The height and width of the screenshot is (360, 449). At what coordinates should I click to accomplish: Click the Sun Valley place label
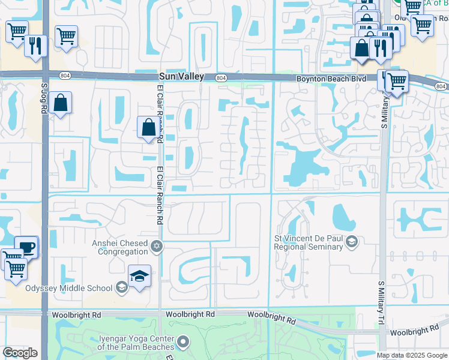click(x=182, y=77)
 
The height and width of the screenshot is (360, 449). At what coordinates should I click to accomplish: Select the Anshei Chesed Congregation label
click(x=119, y=247)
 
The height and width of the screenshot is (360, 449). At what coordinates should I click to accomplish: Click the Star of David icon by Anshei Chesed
click(x=157, y=245)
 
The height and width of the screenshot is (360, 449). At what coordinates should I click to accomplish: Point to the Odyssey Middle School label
click(x=68, y=287)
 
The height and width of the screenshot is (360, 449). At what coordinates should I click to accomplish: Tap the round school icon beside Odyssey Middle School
click(x=122, y=287)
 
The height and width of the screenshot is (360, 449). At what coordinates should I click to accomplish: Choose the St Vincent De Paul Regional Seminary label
click(x=310, y=242)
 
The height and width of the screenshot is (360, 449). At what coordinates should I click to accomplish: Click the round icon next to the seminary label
click(x=352, y=242)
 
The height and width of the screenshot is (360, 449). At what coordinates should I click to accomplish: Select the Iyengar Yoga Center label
click(x=136, y=343)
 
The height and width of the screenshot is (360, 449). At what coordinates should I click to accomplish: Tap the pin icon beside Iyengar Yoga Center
click(x=183, y=343)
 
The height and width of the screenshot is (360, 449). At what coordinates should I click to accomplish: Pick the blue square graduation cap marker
click(x=139, y=276)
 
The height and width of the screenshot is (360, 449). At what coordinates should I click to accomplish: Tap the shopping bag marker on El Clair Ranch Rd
click(x=148, y=127)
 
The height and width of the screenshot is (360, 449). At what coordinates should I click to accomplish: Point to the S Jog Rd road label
click(x=44, y=95)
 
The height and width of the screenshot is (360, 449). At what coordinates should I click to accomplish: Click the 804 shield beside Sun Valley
click(x=220, y=77)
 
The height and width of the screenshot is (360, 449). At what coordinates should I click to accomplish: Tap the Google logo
click(x=20, y=353)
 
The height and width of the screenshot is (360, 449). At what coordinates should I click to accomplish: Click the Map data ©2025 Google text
click(x=412, y=355)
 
